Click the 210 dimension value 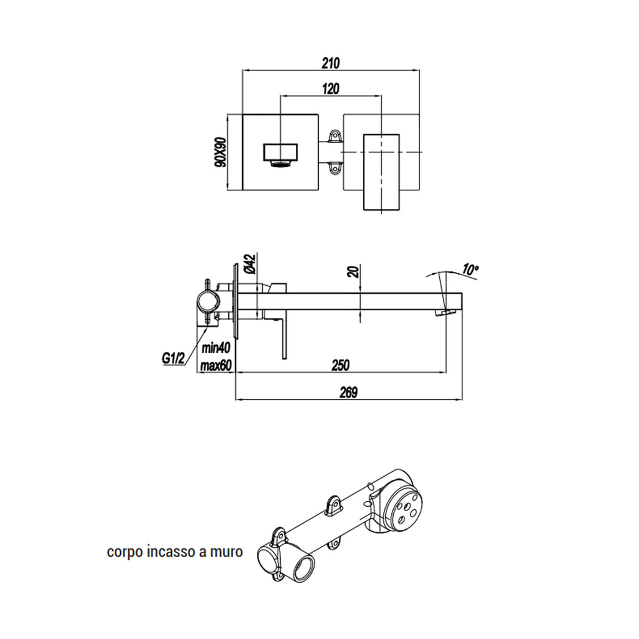pyautogui.click(x=330, y=63)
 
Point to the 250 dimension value pyautogui.click(x=340, y=365)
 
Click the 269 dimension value pyautogui.click(x=348, y=393)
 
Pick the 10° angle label pyautogui.click(x=471, y=270)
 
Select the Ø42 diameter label pyautogui.click(x=248, y=263)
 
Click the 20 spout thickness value pyautogui.click(x=354, y=271)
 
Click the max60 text pyautogui.click(x=217, y=366)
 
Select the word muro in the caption pyautogui.click(x=227, y=552)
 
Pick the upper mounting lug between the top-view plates pyautogui.click(x=336, y=135)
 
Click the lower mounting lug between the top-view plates pyautogui.click(x=336, y=167)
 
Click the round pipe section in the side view pyautogui.click(x=208, y=303)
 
